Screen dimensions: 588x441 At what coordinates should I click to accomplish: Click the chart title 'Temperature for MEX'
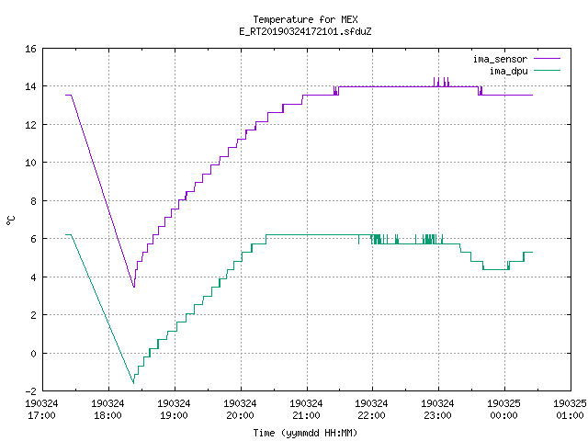(x=305, y=19)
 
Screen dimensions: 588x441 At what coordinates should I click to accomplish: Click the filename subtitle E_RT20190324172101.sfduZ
(x=305, y=31)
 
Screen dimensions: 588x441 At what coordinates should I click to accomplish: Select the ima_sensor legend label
(x=500, y=59)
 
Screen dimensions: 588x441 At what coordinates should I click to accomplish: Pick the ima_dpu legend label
(x=508, y=71)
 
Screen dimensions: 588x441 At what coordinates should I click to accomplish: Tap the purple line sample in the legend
(x=548, y=59)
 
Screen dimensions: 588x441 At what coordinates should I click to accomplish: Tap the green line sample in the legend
(x=548, y=70)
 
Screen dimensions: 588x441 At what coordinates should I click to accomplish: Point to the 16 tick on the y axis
(x=30, y=49)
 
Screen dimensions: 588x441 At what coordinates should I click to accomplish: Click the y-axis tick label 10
(x=30, y=163)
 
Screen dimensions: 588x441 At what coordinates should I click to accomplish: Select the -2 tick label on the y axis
(x=30, y=391)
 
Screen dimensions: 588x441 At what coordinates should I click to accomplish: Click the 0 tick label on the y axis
(x=33, y=353)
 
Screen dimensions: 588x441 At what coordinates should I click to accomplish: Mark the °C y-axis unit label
(x=10, y=220)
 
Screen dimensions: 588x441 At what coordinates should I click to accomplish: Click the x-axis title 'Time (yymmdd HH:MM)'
(x=305, y=433)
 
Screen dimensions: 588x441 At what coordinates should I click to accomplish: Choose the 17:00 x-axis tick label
(x=41, y=415)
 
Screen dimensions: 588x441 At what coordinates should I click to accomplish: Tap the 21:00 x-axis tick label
(x=306, y=415)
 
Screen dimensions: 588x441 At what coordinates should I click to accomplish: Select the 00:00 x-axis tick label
(x=504, y=415)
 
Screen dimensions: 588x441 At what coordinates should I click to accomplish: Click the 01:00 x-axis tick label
(x=570, y=415)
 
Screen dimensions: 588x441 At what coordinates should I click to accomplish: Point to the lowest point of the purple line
(x=134, y=288)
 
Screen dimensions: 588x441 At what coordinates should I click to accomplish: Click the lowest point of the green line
(x=133, y=383)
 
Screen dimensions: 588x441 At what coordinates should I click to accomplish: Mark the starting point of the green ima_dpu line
(x=66, y=235)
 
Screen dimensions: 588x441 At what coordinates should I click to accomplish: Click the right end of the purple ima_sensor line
(x=533, y=96)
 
